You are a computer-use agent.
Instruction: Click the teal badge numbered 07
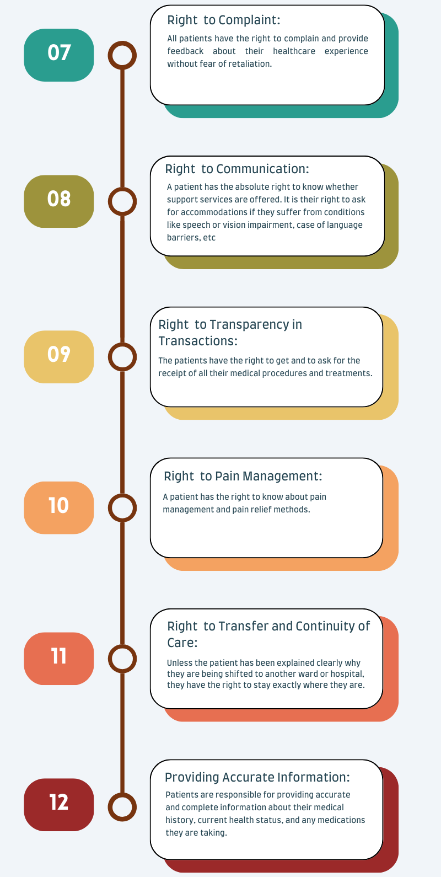click(58, 55)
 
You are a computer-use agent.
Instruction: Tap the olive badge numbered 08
click(58, 201)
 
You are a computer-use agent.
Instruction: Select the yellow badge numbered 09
click(58, 357)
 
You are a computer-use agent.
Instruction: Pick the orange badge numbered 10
click(58, 508)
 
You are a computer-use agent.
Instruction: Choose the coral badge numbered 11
click(58, 659)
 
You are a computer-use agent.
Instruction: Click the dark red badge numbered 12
click(58, 805)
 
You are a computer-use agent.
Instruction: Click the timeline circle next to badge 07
click(122, 42)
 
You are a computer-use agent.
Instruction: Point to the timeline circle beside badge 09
click(122, 344)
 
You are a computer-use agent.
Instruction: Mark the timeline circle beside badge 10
click(122, 495)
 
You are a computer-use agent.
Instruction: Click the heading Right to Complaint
click(223, 20)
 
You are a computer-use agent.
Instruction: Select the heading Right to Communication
click(236, 169)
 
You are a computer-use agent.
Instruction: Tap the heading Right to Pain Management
click(243, 476)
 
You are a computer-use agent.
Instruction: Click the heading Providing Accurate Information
click(257, 777)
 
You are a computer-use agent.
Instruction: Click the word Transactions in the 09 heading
click(197, 341)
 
